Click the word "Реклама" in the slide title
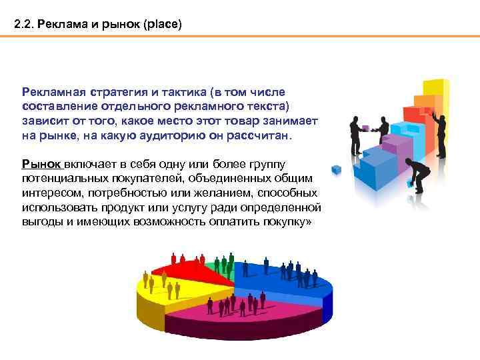point(61,25)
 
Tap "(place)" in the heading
point(157,25)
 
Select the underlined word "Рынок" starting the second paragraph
point(41,164)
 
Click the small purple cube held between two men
point(368,125)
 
